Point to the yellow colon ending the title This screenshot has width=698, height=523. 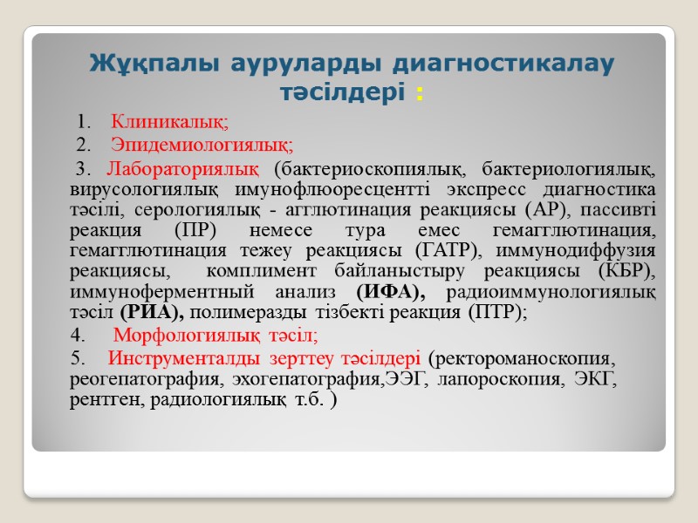tap(421, 92)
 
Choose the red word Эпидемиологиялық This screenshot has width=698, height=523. tap(203, 143)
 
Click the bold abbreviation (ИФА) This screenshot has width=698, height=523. tap(387, 293)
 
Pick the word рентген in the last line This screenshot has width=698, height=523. tap(106, 401)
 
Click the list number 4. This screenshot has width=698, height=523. tap(78, 336)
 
